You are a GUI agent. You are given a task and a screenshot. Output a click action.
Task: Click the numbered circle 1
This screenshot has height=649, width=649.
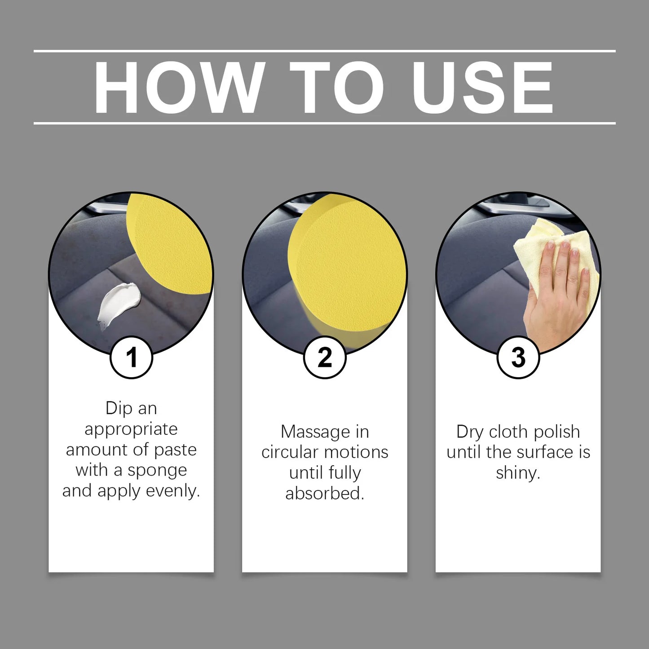(x=131, y=358)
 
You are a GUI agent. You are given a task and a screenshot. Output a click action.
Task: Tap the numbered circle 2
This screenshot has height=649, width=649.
(x=325, y=358)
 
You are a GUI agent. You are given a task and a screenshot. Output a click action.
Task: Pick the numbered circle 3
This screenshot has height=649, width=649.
(x=518, y=358)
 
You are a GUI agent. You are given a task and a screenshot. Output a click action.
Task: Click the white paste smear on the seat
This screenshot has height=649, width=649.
(x=118, y=303)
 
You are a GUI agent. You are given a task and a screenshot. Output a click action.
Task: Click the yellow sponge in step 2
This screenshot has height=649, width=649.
(x=346, y=269)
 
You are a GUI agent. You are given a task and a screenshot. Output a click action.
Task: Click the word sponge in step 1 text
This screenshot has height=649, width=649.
(x=157, y=470)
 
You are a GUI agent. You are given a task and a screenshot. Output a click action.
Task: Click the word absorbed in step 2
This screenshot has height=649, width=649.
(x=324, y=493)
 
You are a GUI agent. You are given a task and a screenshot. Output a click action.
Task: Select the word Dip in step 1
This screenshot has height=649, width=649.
(x=119, y=408)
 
